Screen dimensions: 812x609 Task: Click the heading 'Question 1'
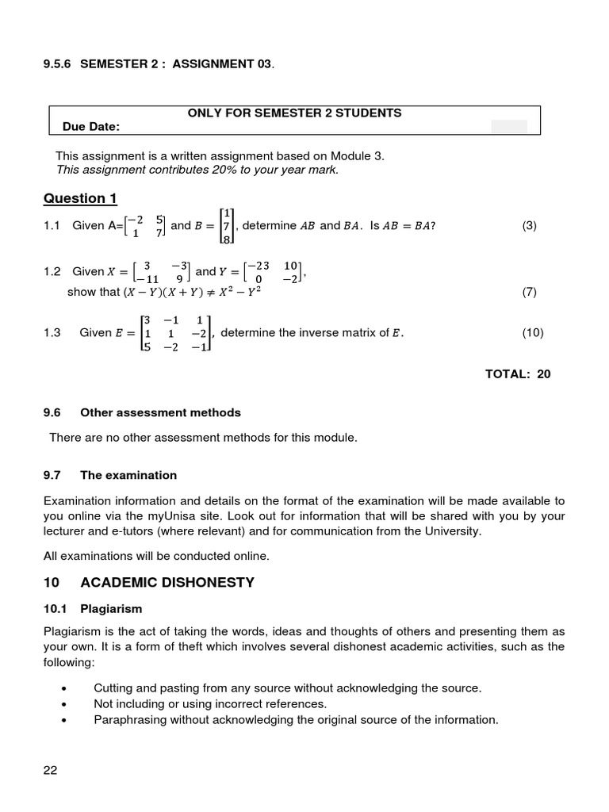pos(80,198)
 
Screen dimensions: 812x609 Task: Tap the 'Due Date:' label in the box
pos(91,127)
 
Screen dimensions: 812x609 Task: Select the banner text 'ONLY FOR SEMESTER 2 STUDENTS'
pos(294,113)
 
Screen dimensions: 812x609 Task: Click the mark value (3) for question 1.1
pos(529,226)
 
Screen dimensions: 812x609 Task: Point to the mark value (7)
pos(529,292)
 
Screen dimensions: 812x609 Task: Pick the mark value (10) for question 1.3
pos(532,333)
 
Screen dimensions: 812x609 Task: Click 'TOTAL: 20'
pos(518,374)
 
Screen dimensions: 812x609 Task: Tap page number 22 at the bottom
pos(51,770)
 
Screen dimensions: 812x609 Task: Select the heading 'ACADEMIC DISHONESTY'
pos(167,583)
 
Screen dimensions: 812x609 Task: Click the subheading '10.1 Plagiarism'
pos(92,609)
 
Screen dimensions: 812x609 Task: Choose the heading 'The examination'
pos(128,475)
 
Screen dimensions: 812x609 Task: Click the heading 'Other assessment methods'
pos(160,412)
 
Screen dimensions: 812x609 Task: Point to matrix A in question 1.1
pos(145,226)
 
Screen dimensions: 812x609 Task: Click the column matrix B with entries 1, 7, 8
pos(227,226)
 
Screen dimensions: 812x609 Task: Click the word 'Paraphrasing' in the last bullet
pos(127,720)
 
